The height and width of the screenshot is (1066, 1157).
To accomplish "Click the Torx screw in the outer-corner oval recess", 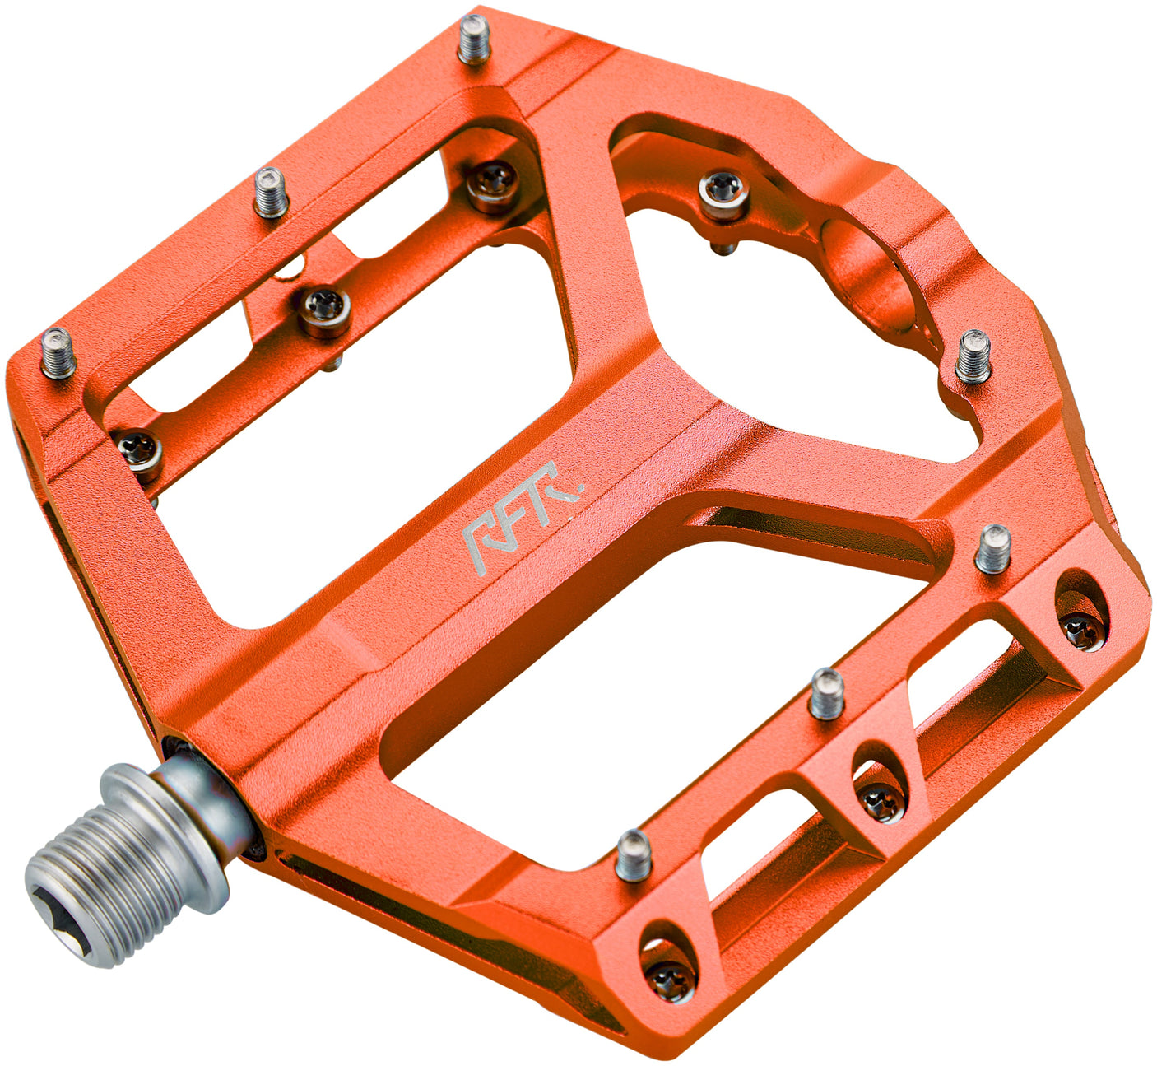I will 1081,630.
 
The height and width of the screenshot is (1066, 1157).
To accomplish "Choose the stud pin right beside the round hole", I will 973,356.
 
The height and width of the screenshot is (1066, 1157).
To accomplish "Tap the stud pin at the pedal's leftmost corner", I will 58,352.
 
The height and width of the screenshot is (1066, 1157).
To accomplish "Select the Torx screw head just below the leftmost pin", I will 139,450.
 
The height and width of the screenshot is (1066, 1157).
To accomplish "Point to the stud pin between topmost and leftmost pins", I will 270,191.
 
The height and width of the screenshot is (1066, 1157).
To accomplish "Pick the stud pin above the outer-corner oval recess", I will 993,548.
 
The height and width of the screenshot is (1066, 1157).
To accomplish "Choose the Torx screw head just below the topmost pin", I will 494,181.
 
